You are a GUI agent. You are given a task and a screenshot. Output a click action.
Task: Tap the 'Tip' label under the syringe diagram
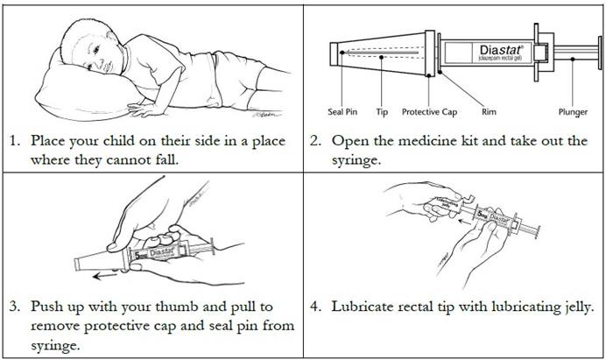pos(382,112)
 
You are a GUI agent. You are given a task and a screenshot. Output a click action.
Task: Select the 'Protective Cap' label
pos(429,112)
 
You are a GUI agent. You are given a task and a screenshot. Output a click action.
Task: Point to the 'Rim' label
pos(489,112)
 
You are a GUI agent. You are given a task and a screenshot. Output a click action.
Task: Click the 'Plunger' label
pos(573,112)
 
